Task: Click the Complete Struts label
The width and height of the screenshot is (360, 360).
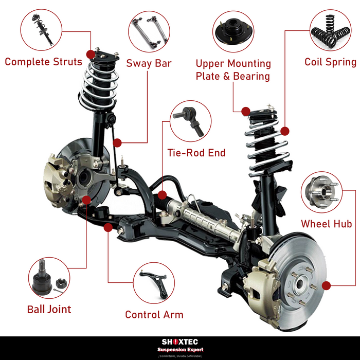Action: click(44, 62)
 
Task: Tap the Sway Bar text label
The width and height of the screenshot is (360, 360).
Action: click(149, 64)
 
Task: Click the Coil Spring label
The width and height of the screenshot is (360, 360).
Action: click(330, 62)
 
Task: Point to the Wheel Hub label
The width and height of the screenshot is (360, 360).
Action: click(327, 224)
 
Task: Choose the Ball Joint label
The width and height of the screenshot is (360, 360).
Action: click(49, 309)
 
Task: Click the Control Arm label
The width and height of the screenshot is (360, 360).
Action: click(154, 314)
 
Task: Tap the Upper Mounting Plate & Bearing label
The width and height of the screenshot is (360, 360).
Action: click(233, 70)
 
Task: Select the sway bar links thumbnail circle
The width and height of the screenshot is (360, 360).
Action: click(148, 32)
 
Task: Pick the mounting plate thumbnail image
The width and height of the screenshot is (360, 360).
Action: click(233, 32)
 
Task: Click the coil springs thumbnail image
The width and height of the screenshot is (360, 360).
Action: click(330, 31)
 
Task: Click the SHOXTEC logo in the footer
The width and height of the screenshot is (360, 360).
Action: click(180, 341)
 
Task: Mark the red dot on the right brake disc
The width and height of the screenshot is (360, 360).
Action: click(325, 284)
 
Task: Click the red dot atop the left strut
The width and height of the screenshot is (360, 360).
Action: click(92, 53)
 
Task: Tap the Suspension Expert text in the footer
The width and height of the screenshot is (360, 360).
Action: click(180, 349)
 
